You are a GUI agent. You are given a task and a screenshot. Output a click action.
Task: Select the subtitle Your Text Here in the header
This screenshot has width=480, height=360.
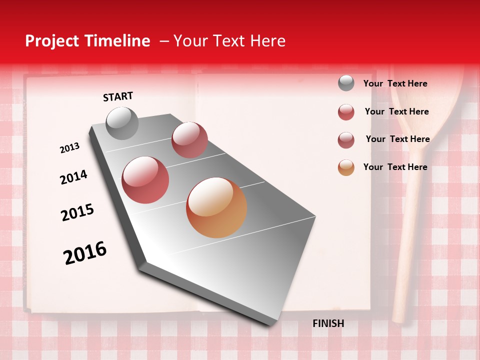[x=229, y=41]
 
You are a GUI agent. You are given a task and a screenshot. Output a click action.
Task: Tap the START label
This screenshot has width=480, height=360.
[x=118, y=96]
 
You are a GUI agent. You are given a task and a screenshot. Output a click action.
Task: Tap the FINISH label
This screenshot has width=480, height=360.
[x=328, y=323]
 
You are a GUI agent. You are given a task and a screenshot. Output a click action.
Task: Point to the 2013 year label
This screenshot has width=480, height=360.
[x=69, y=148]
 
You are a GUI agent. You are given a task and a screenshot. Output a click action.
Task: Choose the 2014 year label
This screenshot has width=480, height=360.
[x=73, y=177]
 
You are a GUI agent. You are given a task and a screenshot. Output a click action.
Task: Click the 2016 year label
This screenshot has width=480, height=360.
[x=85, y=252]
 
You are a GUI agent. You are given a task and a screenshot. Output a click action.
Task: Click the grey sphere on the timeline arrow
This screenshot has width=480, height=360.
[x=122, y=123]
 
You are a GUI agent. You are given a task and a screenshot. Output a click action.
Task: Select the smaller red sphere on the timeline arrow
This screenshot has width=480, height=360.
[x=189, y=140]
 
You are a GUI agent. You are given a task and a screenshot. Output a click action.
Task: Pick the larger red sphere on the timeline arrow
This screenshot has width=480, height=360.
[x=145, y=180]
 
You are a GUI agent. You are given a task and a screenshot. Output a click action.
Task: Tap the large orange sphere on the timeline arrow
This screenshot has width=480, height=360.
[x=216, y=207]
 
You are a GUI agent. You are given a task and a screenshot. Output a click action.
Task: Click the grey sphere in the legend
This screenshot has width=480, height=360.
[x=346, y=83]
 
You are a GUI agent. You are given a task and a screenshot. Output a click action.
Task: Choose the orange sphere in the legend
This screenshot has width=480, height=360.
[x=346, y=167]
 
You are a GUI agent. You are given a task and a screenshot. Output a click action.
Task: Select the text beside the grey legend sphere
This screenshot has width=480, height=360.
[x=395, y=83]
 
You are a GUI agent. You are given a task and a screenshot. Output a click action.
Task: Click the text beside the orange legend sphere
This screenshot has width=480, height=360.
[x=395, y=167]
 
